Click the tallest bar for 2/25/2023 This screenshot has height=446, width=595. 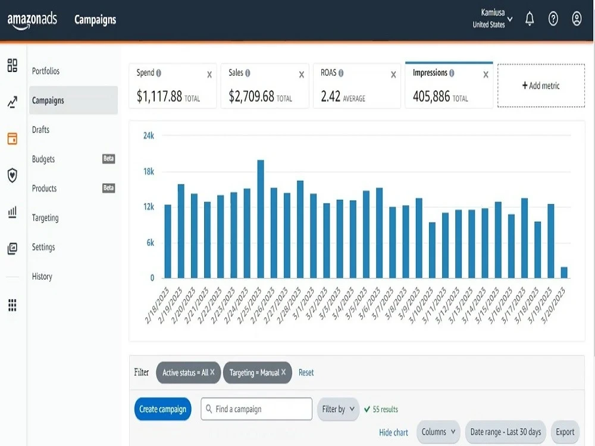[261, 219]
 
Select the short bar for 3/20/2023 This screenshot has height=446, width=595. [564, 273]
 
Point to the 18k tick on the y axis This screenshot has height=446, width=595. [149, 171]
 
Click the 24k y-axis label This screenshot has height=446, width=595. [149, 136]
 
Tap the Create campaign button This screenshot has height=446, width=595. [163, 409]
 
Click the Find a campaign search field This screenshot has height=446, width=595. [256, 409]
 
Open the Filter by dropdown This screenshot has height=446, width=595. [338, 409]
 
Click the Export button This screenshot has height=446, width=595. [565, 432]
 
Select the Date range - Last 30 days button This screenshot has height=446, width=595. [505, 432]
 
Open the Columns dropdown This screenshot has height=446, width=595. [439, 432]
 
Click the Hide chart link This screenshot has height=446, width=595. [393, 432]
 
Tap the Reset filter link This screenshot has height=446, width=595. [306, 372]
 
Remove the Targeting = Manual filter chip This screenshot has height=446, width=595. [283, 372]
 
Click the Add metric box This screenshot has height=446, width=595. [541, 86]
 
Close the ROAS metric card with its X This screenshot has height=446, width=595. [393, 75]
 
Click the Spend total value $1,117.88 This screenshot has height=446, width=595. [159, 96]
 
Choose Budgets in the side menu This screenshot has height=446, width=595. [43, 159]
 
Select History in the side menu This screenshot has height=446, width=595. [42, 277]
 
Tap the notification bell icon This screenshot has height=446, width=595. [530, 18]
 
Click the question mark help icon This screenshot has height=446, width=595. [553, 18]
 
